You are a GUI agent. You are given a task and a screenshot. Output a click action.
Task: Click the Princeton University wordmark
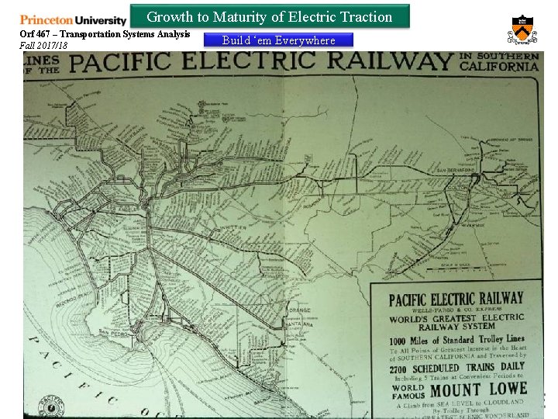(x=73, y=19)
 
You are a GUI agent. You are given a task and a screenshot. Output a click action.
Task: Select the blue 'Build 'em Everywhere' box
(x=278, y=40)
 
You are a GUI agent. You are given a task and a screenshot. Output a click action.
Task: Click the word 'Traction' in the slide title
(x=365, y=16)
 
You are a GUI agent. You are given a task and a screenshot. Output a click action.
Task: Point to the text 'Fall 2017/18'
(x=43, y=46)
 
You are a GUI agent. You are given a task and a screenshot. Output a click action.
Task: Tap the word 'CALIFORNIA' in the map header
(x=499, y=67)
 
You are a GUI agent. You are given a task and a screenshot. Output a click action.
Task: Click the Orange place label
(x=298, y=310)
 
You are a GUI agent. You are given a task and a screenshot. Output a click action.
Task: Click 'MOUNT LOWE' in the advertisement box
(x=478, y=390)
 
